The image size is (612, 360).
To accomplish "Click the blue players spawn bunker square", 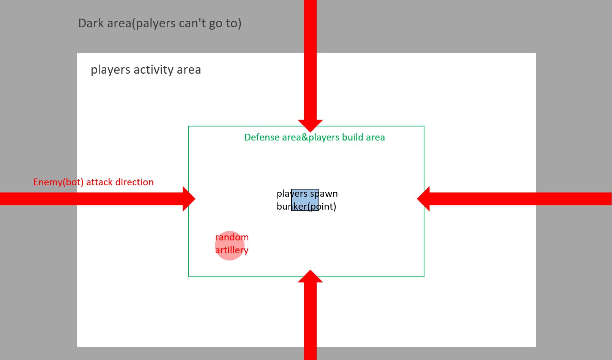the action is click(x=305, y=200).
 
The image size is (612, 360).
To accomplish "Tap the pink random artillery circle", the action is click(x=230, y=245).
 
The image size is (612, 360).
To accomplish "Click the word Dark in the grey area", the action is click(x=91, y=23).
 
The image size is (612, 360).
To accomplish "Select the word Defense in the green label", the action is click(x=262, y=137).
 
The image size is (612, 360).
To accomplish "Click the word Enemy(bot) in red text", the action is click(x=58, y=182).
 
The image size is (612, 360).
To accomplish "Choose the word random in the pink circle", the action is click(x=232, y=237).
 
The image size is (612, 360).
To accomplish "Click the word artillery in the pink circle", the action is click(x=232, y=250).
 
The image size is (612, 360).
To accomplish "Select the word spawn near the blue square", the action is click(x=324, y=194).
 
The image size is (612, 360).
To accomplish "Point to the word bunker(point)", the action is click(x=306, y=206).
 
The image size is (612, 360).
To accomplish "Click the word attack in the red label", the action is click(x=99, y=182).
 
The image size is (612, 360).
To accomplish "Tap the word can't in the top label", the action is click(x=192, y=23).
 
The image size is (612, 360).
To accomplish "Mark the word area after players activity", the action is click(x=189, y=70).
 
